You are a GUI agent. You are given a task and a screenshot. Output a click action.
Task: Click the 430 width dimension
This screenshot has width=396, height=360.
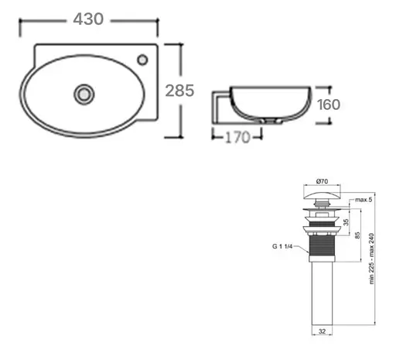89,18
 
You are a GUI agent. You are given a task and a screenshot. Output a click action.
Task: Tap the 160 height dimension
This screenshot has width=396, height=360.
329,105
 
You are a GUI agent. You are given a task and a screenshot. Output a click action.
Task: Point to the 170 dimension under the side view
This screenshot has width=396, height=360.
237,139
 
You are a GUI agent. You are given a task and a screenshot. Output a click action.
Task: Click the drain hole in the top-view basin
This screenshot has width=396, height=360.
84,93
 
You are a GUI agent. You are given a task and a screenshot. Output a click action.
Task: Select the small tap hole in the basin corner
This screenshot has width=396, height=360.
143,60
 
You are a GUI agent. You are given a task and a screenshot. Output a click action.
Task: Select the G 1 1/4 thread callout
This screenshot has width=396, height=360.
284,247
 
